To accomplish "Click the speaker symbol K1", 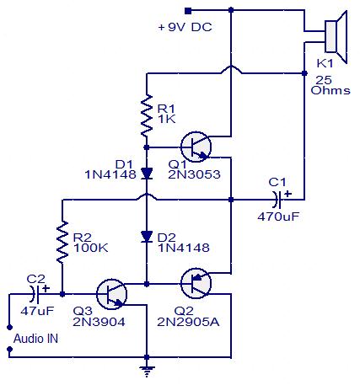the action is coord(336,37).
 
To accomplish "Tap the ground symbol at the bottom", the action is coord(147,371).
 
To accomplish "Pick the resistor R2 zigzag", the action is coord(62,242).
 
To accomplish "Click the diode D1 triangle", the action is coord(147,174).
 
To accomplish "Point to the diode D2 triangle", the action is coord(147,237).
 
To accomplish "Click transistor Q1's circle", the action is coord(196,147).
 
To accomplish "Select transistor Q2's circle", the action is coord(196,283).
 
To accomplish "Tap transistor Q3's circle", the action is coord(111,294).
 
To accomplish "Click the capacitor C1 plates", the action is coord(277,200).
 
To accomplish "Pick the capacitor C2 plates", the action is coord(35,294).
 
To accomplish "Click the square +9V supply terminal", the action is coord(188,11).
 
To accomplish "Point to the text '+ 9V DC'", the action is coord(185,27).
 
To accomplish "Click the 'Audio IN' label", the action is coord(35,339).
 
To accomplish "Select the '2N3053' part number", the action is coord(194,174).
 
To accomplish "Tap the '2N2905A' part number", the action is coord(188,322).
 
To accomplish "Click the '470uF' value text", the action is coord(278,217).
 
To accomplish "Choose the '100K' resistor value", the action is coord(90,248).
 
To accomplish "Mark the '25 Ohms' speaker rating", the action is coord(330,85).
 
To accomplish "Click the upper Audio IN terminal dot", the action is coord(10,328).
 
